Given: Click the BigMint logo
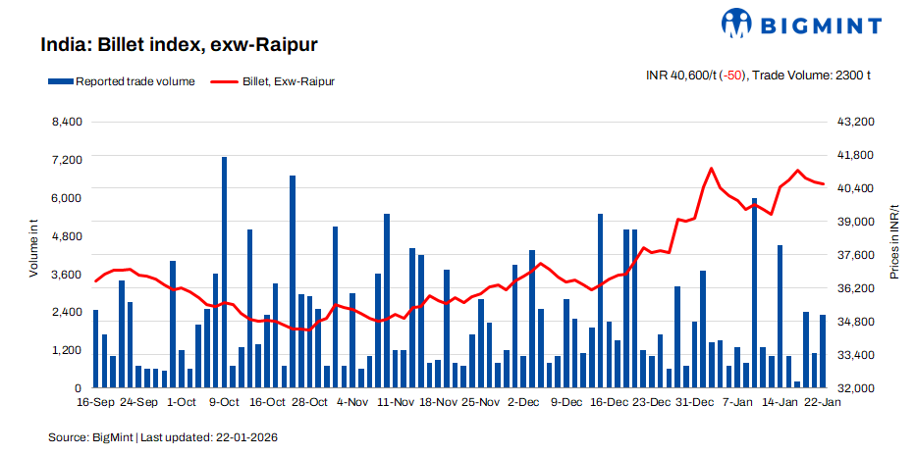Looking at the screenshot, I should pos(800,24).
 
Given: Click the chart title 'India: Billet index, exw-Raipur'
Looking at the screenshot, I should pos(179,45).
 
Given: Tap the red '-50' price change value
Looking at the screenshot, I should pos(732,76).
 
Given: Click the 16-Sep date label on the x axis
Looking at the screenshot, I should pos(95,402).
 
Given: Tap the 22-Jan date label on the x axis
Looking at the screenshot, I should pos(822,402).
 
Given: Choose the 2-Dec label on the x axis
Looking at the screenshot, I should pos(523,402).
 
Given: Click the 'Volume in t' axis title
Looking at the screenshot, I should pos(32,251).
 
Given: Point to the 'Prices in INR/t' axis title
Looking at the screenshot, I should pos(894,242).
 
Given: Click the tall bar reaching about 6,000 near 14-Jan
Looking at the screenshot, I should pos(754,293).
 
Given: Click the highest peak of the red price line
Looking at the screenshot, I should pos(712,169).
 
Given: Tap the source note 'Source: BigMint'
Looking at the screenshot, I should pos(90,435).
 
